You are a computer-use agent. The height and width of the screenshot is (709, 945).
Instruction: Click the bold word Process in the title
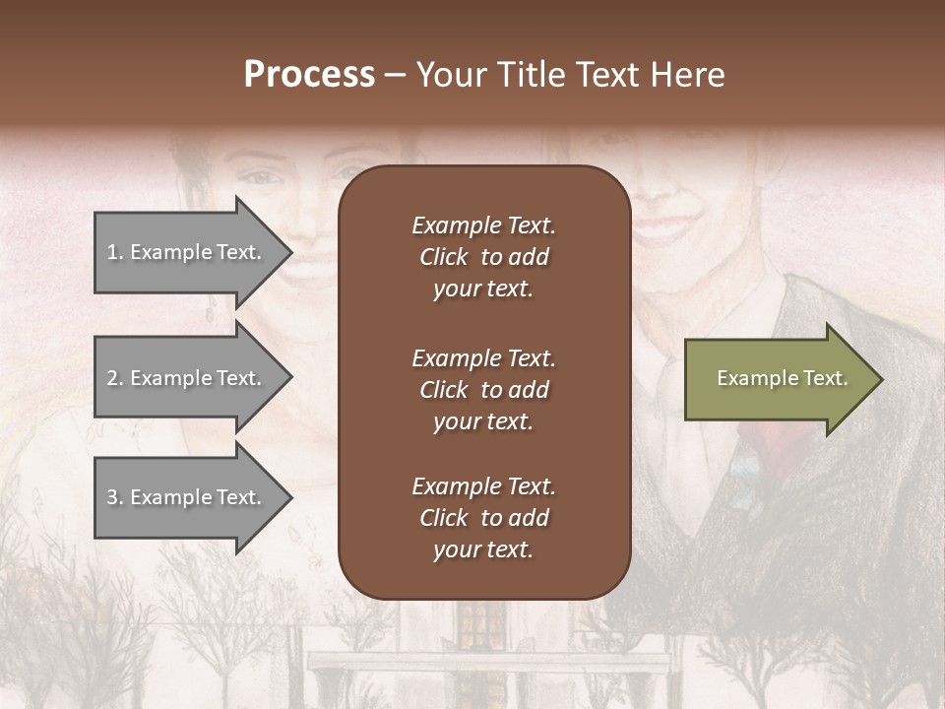coord(309,75)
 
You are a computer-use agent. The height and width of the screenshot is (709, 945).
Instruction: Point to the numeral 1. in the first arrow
coord(114,252)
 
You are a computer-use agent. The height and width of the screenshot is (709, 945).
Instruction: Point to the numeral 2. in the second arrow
coord(114,378)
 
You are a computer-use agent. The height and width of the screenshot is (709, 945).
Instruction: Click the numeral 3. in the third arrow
coord(114,497)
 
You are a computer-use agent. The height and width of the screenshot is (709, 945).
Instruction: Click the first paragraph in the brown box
coord(483,257)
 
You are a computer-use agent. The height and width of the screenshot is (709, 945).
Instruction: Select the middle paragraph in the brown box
coord(483,390)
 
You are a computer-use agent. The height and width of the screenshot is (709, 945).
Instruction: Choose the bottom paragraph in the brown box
coord(483,518)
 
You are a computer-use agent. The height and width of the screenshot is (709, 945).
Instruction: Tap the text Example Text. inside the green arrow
coord(782,378)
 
